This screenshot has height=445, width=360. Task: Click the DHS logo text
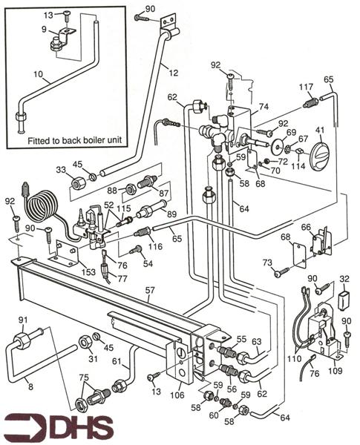click(74, 428)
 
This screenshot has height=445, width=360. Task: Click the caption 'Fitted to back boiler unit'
click(68, 139)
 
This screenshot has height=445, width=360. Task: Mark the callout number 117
click(306, 88)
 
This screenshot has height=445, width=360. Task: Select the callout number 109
click(334, 369)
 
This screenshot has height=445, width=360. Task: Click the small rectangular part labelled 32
click(344, 300)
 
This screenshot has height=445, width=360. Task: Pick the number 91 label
click(23, 320)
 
